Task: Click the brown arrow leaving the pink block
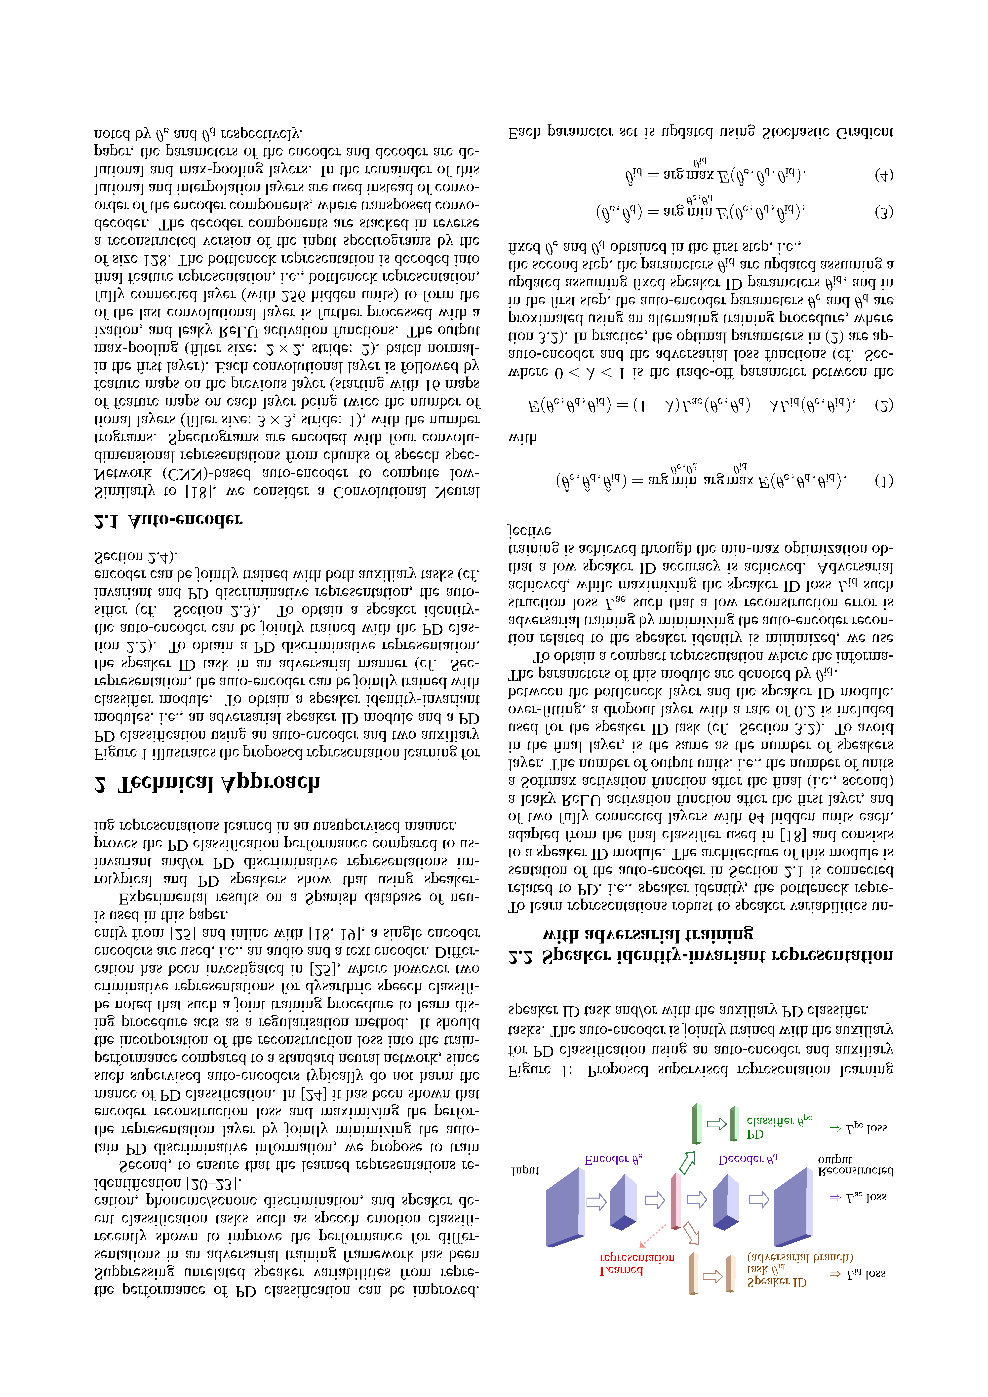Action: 691,1232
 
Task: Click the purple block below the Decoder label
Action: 726,1202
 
